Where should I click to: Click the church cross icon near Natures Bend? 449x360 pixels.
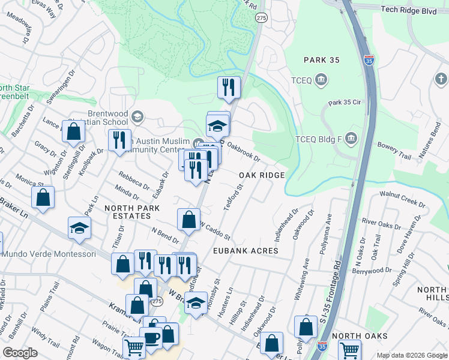[x=440, y=79]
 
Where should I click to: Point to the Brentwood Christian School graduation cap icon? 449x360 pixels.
[x=137, y=116]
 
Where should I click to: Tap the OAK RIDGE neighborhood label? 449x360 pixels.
[x=261, y=175]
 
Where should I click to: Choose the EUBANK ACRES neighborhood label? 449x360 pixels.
[x=244, y=250]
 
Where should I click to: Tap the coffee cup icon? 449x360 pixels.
[x=150, y=338]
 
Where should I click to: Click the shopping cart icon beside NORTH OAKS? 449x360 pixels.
[x=349, y=349]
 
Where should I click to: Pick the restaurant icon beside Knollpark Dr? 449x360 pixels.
[x=119, y=140]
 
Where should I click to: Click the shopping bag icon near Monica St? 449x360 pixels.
[x=43, y=197]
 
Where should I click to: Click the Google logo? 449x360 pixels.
[x=20, y=352]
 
